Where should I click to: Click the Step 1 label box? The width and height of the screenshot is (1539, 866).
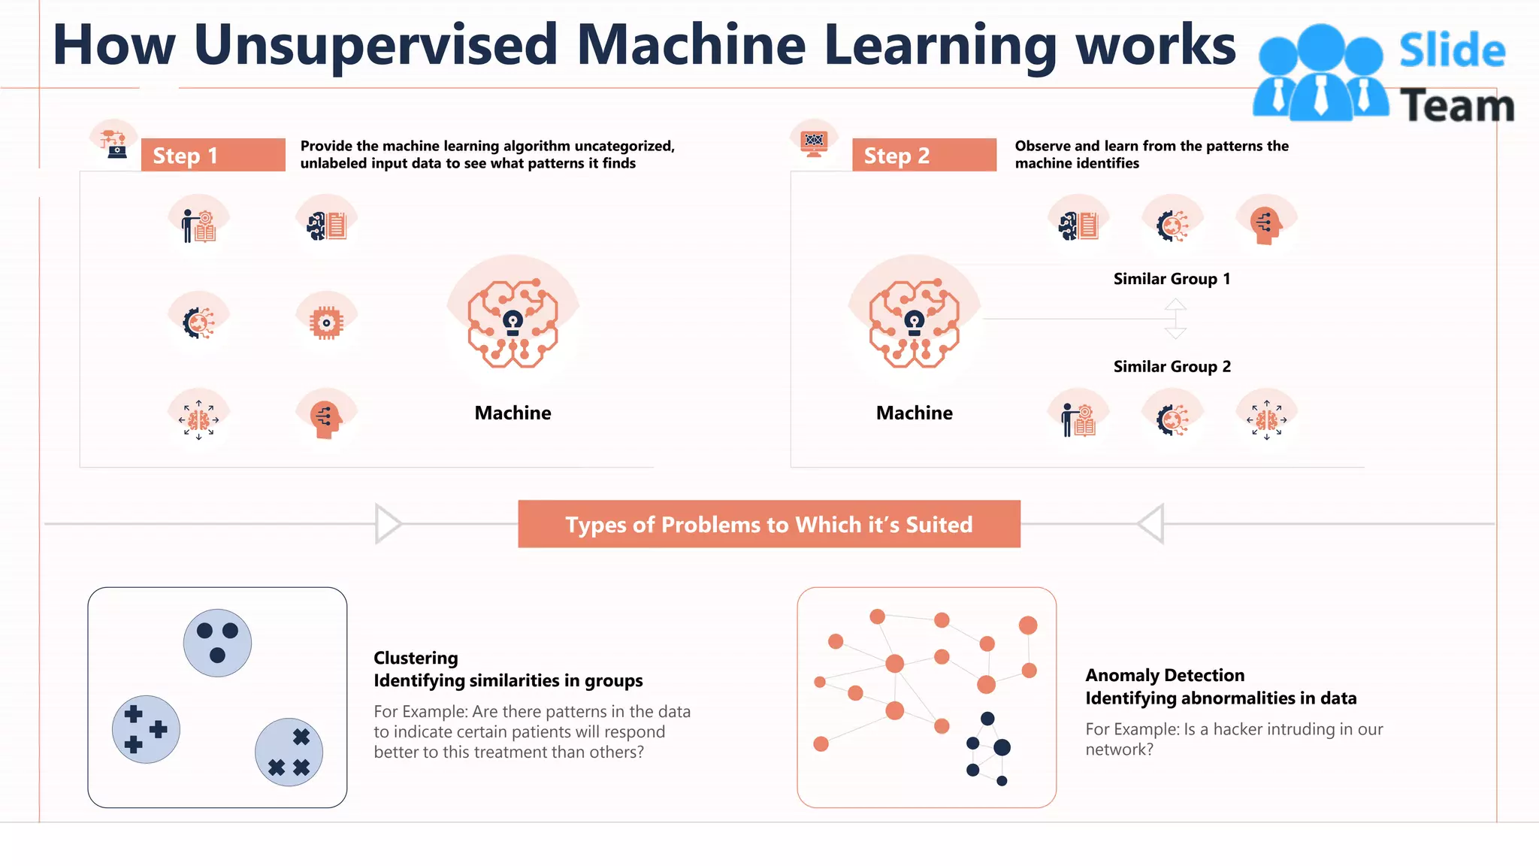[x=213, y=155]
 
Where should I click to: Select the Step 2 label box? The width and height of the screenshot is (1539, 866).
[x=924, y=155]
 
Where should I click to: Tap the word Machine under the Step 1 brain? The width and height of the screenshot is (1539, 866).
[x=512, y=413]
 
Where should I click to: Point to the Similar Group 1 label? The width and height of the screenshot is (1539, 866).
[x=1172, y=279]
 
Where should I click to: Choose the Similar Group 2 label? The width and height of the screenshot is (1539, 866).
[x=1172, y=367]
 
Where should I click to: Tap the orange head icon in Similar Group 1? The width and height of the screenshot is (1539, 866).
[x=1266, y=224]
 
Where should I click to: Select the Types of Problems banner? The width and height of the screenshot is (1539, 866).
[x=769, y=524]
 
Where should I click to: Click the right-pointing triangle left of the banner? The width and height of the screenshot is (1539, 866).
[x=386, y=523]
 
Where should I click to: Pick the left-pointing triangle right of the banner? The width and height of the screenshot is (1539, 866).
[x=1153, y=523]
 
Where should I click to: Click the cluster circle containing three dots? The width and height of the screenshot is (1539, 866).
[x=217, y=643]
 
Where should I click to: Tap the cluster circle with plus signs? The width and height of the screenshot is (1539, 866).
[x=146, y=729]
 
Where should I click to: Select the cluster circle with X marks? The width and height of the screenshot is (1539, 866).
[x=289, y=752]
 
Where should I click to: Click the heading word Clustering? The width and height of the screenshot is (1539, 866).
[x=416, y=658]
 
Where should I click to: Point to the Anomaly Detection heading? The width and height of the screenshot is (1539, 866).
[x=1164, y=675]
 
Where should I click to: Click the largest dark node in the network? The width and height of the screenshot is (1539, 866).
[x=1002, y=747]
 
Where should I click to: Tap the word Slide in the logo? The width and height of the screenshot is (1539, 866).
[x=1452, y=51]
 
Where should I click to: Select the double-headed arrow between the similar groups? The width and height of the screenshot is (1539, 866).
[x=1175, y=319]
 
